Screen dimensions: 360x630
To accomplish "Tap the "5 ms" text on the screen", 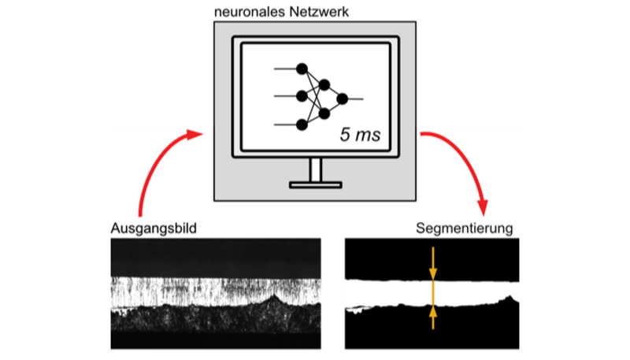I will [360, 134].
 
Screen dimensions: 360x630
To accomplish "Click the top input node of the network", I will [301, 69].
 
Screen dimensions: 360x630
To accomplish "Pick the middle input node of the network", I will [301, 97].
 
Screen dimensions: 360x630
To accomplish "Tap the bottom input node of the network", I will [301, 124].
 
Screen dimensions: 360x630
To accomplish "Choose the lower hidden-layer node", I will [323, 113].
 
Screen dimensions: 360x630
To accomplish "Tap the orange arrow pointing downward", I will [432, 264].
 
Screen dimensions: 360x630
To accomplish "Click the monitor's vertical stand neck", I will [315, 169].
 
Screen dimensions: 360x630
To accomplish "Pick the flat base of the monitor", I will [315, 185].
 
